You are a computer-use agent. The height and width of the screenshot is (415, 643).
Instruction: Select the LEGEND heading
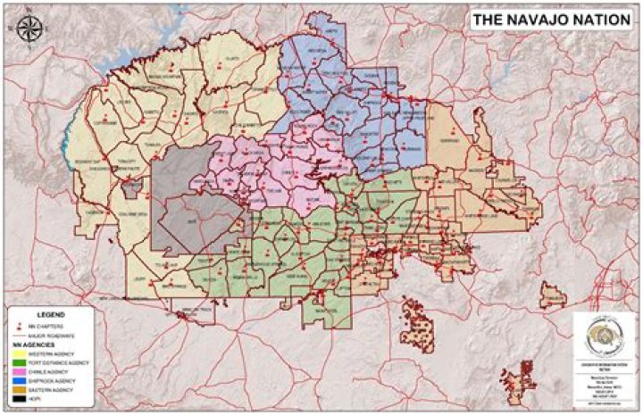tap(50, 314)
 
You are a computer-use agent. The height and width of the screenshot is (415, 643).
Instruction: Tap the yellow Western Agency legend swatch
tap(19, 354)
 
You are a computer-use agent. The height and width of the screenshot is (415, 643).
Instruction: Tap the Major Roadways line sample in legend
tap(19, 335)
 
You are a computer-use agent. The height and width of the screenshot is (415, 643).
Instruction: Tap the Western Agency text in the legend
tap(52, 354)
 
